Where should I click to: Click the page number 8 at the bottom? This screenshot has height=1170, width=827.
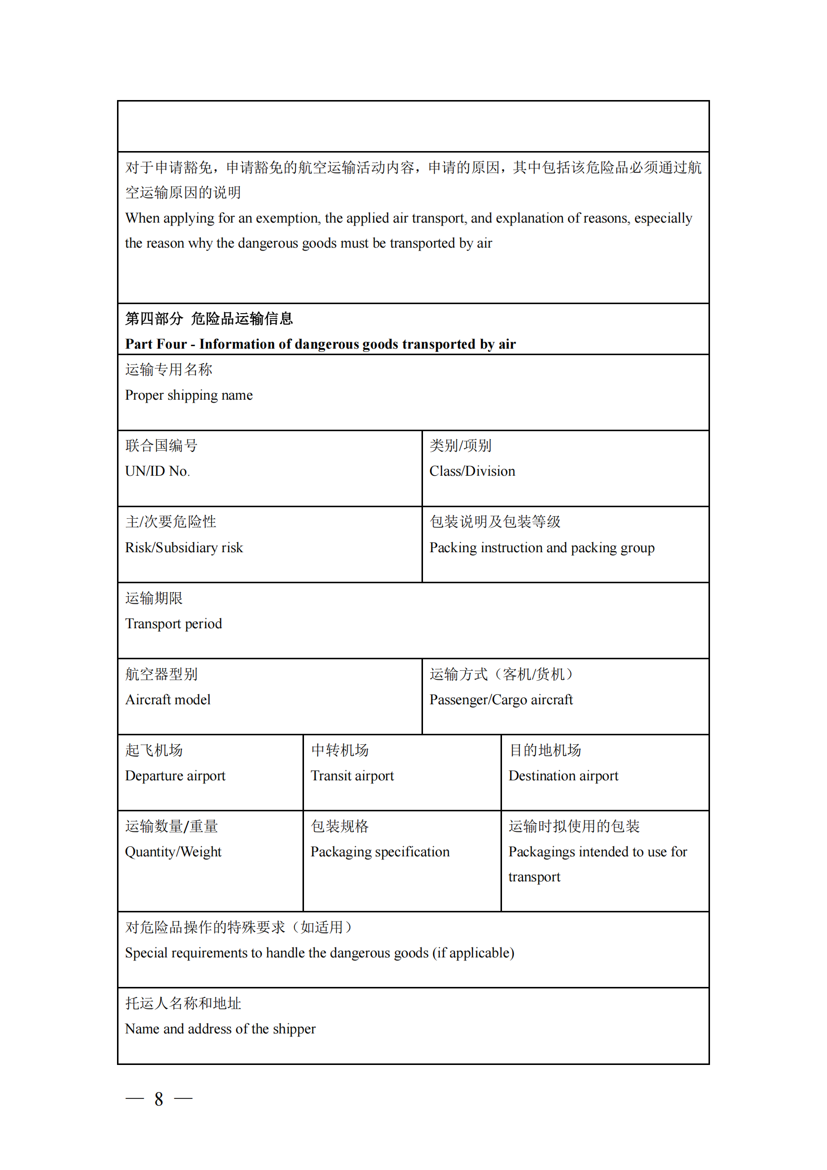(159, 1099)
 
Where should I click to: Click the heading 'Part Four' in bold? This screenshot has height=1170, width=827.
(156, 345)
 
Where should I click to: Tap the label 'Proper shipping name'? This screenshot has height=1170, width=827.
(189, 396)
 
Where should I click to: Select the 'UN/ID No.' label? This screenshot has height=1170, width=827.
(157, 471)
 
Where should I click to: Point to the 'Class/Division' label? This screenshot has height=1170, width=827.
(472, 471)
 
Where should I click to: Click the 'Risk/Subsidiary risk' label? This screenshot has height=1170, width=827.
(184, 548)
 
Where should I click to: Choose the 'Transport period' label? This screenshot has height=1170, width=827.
(173, 624)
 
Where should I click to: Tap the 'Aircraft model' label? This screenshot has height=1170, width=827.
(168, 700)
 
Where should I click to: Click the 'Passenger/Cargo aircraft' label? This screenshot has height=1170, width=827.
(501, 700)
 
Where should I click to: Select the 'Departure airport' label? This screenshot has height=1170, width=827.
(175, 776)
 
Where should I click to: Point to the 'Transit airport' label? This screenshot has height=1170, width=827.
(352, 776)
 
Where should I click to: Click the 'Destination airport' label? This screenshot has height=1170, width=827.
(563, 776)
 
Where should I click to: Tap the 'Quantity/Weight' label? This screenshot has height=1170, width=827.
(173, 852)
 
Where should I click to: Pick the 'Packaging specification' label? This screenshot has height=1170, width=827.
(380, 852)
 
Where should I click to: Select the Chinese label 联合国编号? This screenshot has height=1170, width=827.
(161, 446)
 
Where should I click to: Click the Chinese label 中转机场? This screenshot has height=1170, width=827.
(339, 751)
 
